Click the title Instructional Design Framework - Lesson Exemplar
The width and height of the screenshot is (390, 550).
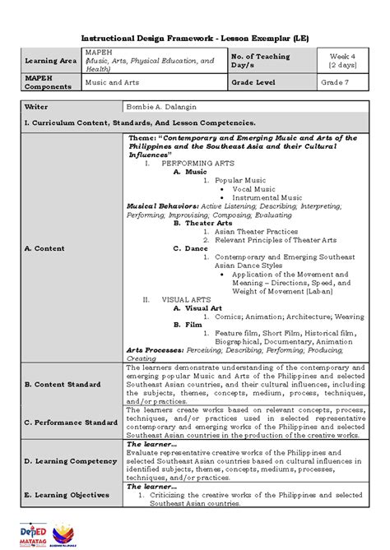pyautogui.click(x=194, y=39)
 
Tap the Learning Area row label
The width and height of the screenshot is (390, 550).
pyautogui.click(x=49, y=61)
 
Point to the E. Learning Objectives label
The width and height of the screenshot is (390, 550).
pyautogui.click(x=67, y=495)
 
